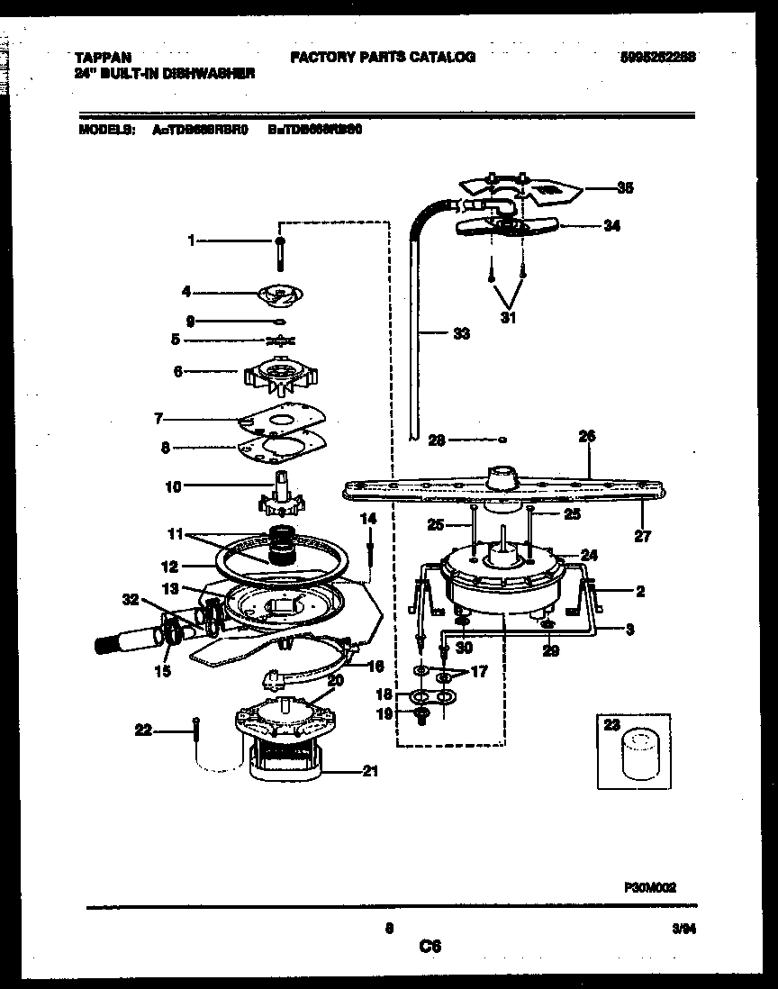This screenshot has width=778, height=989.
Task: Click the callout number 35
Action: click(625, 188)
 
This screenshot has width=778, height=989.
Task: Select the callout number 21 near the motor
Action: click(370, 771)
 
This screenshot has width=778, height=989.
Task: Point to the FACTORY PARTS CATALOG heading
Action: click(383, 57)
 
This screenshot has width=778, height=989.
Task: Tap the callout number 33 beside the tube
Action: click(460, 334)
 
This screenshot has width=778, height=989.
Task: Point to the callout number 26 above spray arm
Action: click(587, 436)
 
